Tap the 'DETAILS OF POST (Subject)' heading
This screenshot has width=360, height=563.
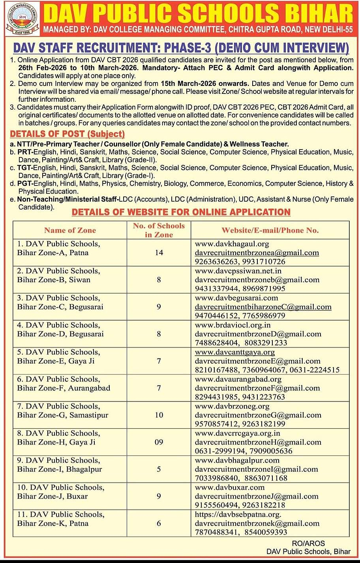click(67, 134)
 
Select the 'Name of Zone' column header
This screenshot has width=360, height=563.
click(70, 230)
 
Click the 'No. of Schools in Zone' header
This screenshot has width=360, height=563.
click(159, 230)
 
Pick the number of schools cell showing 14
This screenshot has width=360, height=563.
click(159, 253)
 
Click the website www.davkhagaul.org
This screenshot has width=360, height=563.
click(232, 244)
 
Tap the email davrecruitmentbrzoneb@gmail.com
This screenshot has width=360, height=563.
click(257, 280)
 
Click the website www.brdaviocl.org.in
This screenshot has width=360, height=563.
click(233, 325)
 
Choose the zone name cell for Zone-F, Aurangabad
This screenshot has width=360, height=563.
click(63, 383)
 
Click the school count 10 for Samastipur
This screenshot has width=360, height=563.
click(159, 415)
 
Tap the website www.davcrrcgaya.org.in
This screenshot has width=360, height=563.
click(238, 433)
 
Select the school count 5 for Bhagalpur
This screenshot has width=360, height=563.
click(159, 469)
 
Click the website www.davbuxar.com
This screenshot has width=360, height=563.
click(230, 487)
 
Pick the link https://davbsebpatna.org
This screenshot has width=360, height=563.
click(238, 514)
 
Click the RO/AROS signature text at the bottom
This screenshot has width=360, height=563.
click(309, 543)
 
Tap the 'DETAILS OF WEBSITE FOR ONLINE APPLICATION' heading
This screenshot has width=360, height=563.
click(181, 212)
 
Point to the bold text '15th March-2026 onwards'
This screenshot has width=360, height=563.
click(205, 84)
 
